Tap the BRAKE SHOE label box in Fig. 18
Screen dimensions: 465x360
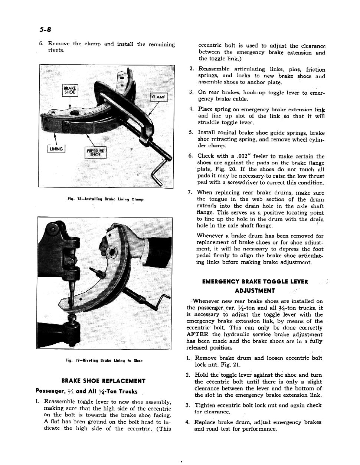point(70,90)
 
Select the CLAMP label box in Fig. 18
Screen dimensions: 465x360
point(158,97)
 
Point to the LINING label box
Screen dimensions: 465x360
point(56,149)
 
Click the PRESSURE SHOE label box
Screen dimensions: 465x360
point(95,153)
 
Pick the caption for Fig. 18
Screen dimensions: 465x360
point(105,199)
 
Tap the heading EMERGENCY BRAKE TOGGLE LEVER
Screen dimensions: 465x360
point(255,282)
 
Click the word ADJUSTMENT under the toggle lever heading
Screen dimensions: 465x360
point(255,291)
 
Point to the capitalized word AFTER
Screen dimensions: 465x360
point(198,334)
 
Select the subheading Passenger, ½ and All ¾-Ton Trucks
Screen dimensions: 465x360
point(86,391)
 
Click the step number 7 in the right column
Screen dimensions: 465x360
point(190,192)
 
